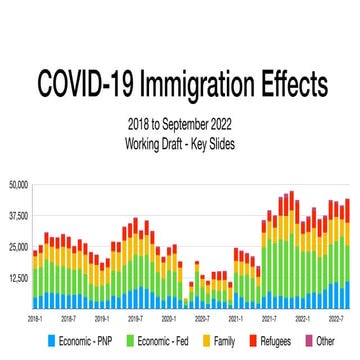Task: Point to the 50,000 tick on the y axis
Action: click(18, 184)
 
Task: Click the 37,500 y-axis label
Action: click(18, 215)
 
